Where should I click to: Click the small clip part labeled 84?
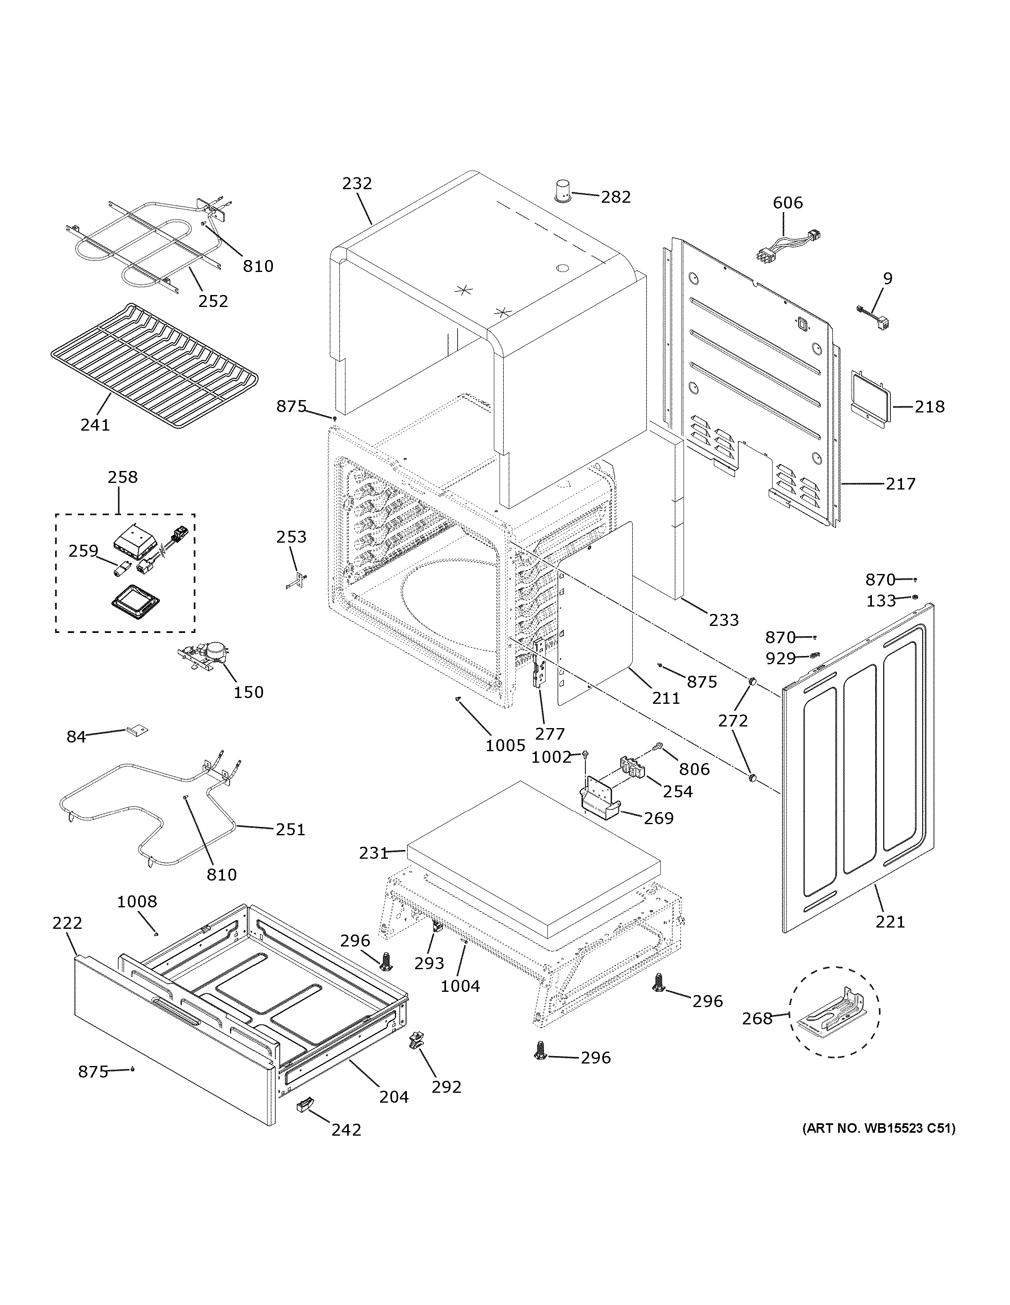pyautogui.click(x=137, y=731)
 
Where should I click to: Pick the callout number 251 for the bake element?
pyautogui.click(x=291, y=829)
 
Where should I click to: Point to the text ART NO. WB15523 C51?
pyautogui.click(x=878, y=1129)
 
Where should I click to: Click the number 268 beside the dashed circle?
pyautogui.click(x=757, y=1019)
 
